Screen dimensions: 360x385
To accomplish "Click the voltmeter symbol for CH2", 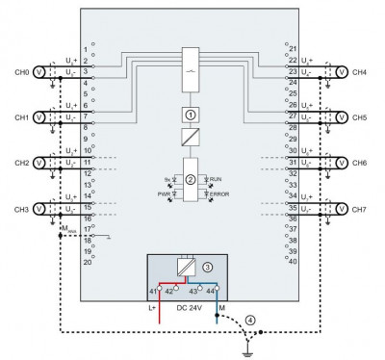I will click(x=39, y=163).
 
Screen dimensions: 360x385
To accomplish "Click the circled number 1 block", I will click(x=191, y=115).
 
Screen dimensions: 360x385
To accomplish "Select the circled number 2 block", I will click(x=191, y=179).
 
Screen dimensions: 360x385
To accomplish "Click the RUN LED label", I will click(x=216, y=179).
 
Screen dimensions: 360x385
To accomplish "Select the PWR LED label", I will click(x=164, y=194).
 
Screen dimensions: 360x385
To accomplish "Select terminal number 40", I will click(x=293, y=261).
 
